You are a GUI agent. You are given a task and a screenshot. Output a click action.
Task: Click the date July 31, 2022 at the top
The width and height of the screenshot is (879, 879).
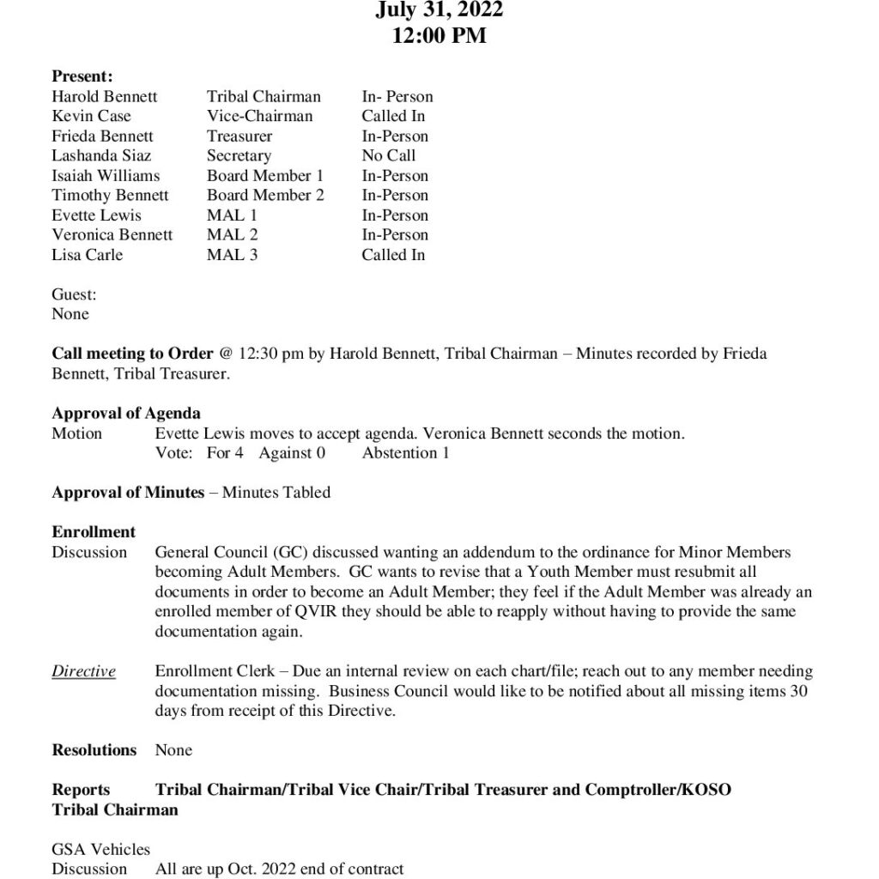[439, 10]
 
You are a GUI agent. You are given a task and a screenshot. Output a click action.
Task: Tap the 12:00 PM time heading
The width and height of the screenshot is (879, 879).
[439, 36]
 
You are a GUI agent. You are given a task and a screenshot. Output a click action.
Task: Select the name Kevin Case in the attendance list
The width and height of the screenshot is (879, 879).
[92, 116]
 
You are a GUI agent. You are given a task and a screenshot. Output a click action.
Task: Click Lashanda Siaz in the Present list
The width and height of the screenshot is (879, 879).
[101, 155]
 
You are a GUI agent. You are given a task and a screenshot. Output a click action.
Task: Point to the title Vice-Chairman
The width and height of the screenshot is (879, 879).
[259, 116]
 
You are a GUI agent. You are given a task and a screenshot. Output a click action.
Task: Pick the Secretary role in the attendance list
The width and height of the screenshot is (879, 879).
[239, 155]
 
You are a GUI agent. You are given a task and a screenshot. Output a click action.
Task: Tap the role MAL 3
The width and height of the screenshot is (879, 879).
[232, 254]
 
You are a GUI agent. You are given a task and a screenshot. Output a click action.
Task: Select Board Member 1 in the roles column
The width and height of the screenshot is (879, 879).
[265, 175]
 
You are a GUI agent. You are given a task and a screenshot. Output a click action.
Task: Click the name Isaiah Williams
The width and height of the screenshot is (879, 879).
[106, 175]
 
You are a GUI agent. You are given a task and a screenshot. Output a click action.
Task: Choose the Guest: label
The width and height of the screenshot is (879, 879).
[74, 294]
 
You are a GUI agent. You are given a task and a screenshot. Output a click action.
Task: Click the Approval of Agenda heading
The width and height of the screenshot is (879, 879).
[126, 414]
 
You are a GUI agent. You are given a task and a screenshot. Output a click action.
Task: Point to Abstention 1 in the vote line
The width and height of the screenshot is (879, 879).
[405, 452]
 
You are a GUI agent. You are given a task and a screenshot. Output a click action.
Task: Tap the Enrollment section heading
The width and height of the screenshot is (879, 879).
[94, 532]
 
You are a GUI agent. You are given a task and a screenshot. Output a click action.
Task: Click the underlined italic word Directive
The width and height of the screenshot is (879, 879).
[83, 671]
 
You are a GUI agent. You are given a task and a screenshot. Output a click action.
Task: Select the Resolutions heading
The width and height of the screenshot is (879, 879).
[94, 749]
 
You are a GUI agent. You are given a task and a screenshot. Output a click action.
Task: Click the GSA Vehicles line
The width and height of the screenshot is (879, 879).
[100, 849]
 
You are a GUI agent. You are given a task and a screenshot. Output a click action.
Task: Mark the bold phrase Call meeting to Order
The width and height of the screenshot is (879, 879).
[132, 354]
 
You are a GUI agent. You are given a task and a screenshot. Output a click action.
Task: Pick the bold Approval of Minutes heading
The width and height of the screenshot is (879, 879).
[128, 492]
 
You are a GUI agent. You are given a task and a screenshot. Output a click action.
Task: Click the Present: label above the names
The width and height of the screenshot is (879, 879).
[82, 76]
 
